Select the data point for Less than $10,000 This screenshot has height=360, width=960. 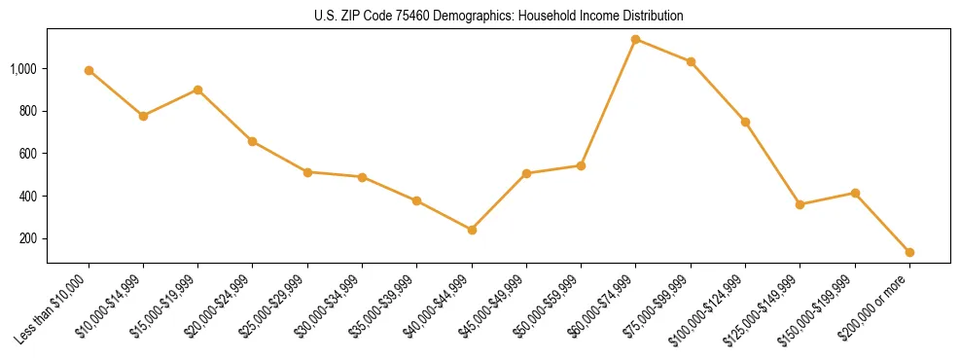[89, 70]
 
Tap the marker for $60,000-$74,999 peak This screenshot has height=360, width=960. [636, 40]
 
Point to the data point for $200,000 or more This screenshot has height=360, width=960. [909, 252]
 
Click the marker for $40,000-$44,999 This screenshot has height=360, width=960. [472, 230]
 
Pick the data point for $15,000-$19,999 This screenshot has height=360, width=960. [198, 90]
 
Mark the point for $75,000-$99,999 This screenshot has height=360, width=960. [691, 61]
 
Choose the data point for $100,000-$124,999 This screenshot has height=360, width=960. [745, 122]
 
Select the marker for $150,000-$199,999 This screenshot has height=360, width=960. [855, 193]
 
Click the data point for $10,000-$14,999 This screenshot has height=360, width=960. [143, 116]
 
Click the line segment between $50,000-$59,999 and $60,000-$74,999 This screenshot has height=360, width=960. [609, 102]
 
